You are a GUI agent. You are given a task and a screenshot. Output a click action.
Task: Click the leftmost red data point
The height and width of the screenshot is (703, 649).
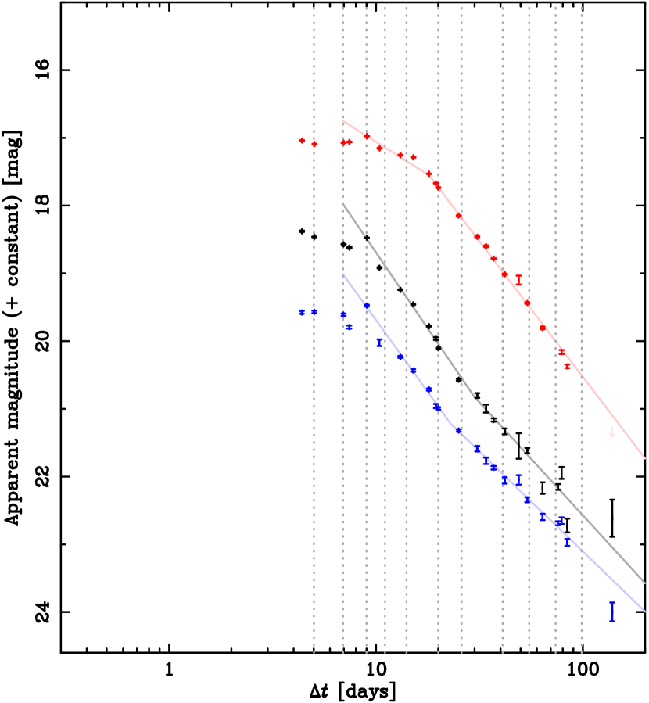click(302, 141)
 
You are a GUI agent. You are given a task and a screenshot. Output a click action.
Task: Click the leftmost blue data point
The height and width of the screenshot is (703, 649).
click(302, 312)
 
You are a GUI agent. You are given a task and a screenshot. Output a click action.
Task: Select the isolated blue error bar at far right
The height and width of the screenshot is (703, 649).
click(612, 611)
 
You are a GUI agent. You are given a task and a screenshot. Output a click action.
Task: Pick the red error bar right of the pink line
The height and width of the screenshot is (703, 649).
click(518, 280)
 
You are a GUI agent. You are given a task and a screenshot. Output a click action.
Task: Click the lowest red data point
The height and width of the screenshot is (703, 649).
click(568, 366)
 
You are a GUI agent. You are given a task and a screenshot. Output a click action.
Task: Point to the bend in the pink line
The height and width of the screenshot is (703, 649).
click(431, 176)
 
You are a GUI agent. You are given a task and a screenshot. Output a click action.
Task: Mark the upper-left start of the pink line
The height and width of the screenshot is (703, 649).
click(343, 121)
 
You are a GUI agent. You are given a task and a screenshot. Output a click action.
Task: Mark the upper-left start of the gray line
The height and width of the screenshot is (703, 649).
click(343, 203)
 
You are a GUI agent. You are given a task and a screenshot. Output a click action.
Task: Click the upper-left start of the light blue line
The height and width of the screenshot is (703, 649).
click(343, 274)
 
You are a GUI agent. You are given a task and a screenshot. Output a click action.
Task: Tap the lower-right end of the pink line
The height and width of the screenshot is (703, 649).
click(645, 458)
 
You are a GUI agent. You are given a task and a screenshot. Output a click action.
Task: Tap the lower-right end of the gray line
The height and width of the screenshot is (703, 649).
click(645, 583)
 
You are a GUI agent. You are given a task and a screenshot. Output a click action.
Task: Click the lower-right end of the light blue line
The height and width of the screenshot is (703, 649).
click(645, 611)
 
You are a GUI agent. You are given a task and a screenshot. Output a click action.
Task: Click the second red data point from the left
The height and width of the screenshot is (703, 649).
click(314, 144)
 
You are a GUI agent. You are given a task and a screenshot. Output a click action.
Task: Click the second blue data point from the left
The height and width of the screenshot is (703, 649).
click(314, 311)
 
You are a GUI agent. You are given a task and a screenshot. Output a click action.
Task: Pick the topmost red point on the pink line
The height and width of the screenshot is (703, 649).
click(367, 136)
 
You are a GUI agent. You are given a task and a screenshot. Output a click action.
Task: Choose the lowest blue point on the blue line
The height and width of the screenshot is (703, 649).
click(568, 541)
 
